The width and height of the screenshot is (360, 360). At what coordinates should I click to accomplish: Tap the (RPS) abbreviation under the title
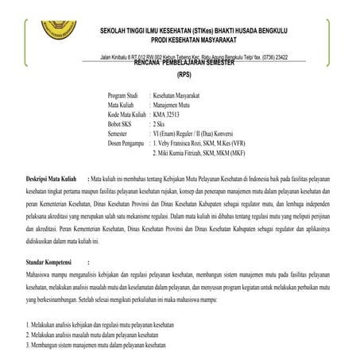184,73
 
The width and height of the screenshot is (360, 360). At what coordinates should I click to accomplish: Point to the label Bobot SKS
122,126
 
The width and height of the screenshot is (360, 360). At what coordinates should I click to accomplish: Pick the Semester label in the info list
120,136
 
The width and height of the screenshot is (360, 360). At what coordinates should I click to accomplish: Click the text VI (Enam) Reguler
179,136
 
